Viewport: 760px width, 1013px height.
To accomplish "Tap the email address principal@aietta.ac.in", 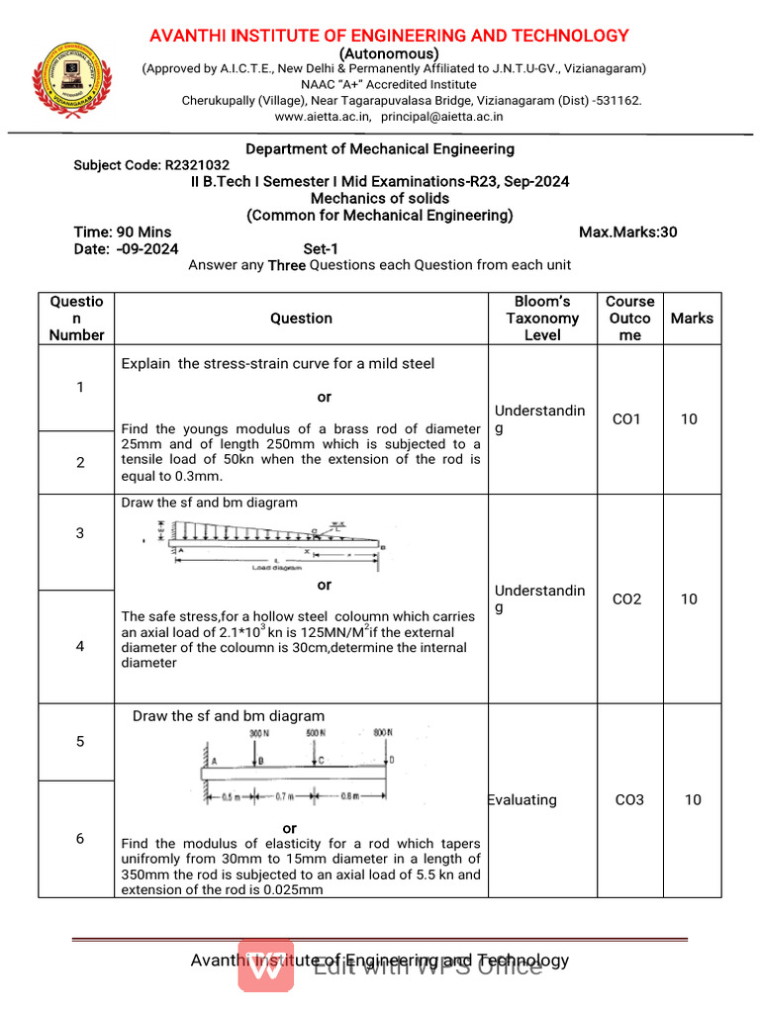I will coord(442,116).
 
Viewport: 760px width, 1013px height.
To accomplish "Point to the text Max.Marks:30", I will coord(627,232).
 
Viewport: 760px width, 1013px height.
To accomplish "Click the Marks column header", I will coord(691,319).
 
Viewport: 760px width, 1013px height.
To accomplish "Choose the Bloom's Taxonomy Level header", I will coord(542,319).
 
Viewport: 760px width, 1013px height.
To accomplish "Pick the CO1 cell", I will coord(626,419).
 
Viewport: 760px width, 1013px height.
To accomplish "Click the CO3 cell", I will coord(629,799).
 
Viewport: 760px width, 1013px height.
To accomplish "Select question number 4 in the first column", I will coord(80,646).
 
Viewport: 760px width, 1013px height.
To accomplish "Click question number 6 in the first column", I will coord(80,838).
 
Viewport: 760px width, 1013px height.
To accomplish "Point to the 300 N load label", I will coord(260,733).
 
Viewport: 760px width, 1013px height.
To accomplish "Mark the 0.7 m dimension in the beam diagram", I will coord(285,796).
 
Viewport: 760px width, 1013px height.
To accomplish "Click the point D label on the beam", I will coord(393,760).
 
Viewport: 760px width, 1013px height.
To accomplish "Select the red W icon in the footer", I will coord(266,966).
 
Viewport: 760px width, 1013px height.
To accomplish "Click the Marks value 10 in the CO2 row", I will coord(689,599).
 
